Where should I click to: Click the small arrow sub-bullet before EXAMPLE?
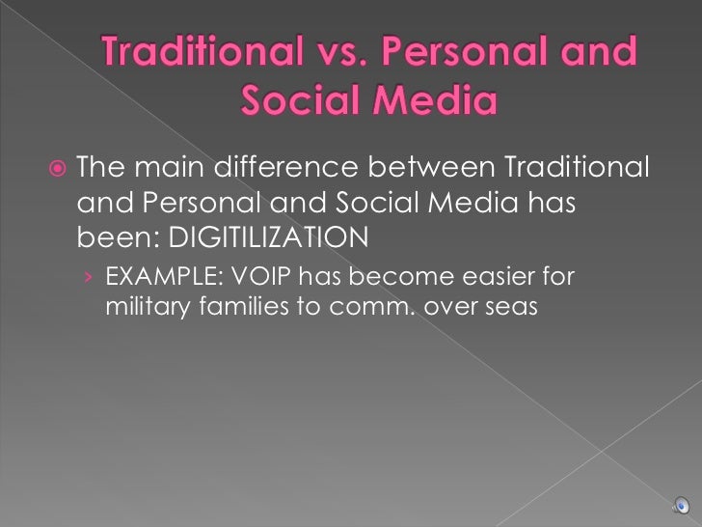pos(88,279)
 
